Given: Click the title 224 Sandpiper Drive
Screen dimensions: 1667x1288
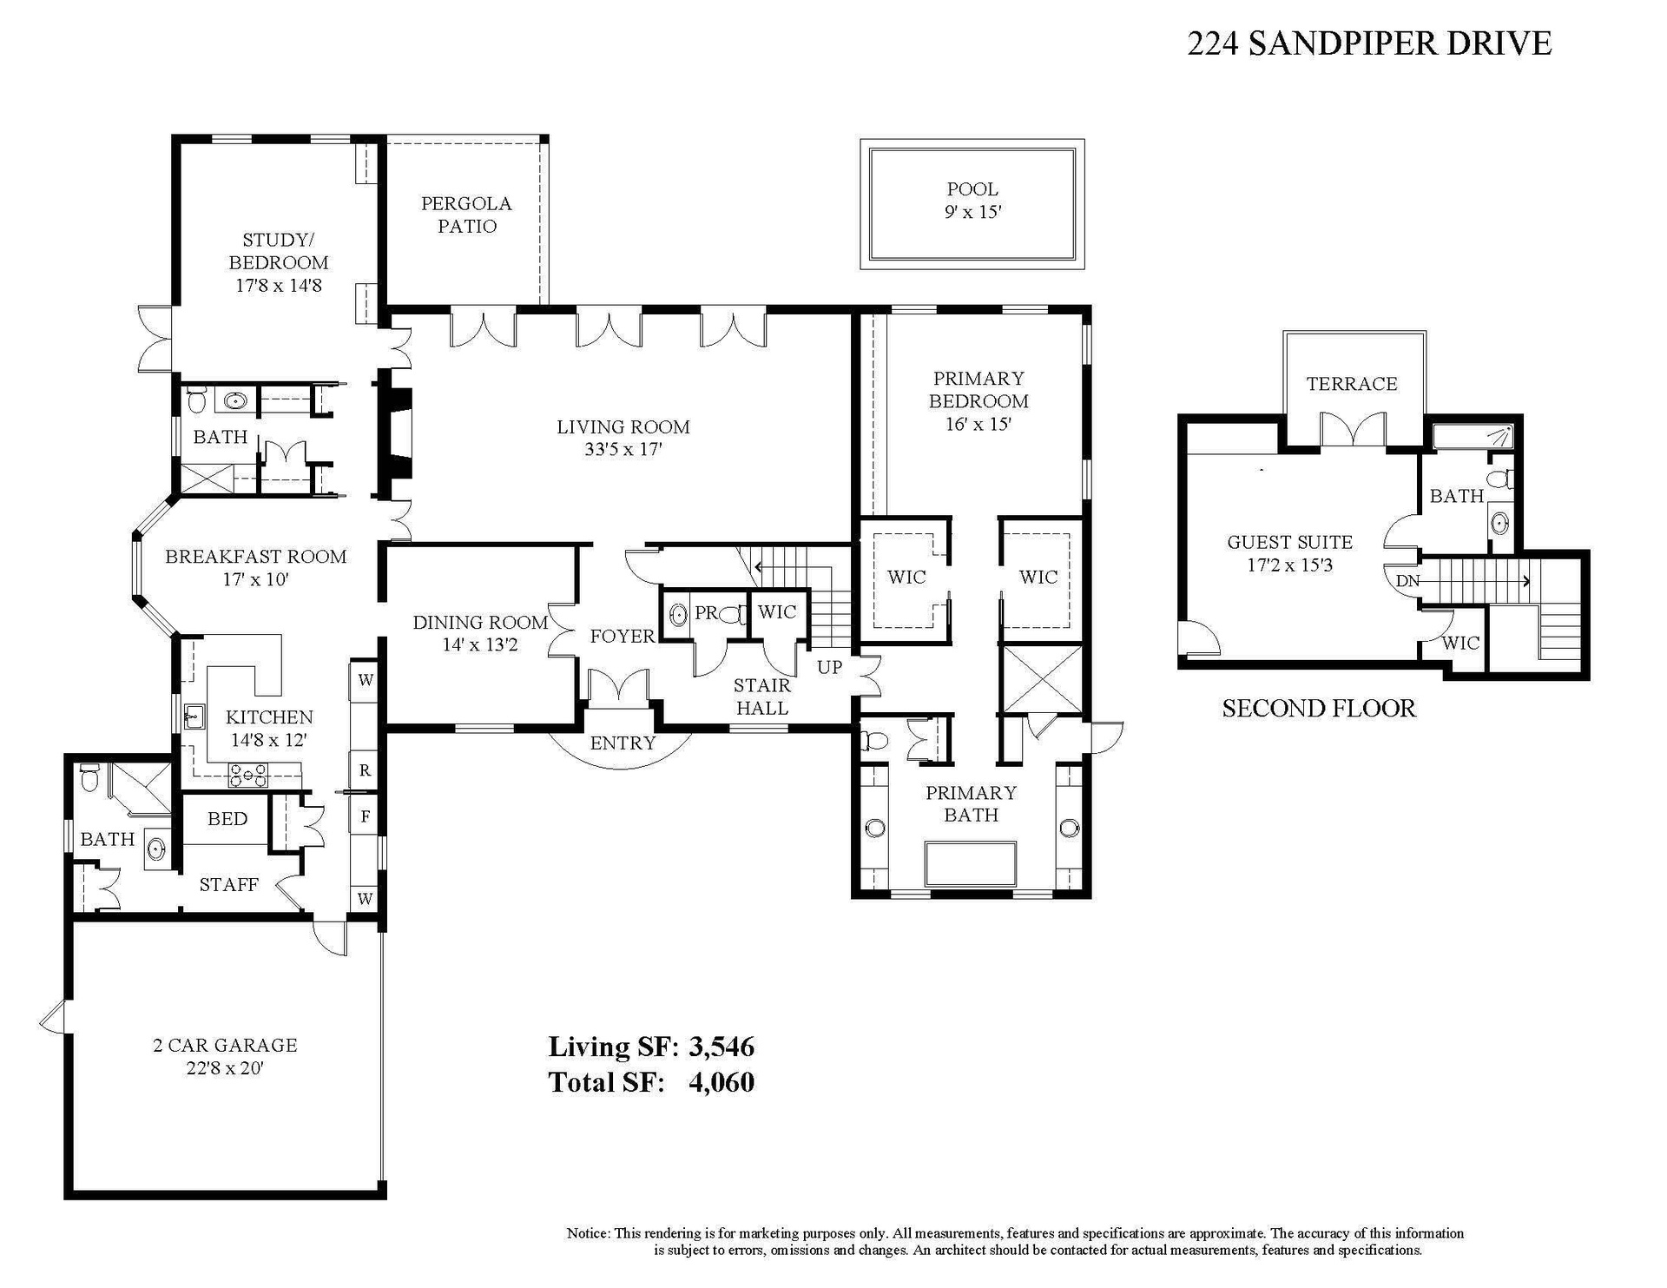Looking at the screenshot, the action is click(x=1369, y=43).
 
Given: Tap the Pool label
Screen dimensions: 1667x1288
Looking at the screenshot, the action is click(x=972, y=189).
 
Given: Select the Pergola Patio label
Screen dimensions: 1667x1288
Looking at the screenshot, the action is click(x=466, y=215).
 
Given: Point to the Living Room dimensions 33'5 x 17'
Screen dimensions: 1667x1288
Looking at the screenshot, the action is click(x=623, y=450).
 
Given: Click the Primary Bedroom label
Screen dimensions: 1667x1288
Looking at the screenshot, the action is click(x=978, y=390).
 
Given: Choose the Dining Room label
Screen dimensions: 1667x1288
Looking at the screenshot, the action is click(x=480, y=623).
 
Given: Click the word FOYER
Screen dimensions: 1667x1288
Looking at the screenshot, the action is click(x=623, y=637).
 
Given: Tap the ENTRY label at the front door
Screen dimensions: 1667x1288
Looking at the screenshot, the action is click(x=623, y=743).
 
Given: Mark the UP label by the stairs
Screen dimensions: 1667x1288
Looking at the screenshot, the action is click(x=830, y=668).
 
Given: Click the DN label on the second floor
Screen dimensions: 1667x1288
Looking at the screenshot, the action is click(x=1407, y=581).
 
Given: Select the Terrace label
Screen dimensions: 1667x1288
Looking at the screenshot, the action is click(x=1352, y=384).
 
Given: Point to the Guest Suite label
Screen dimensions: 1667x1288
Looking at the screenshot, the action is click(x=1290, y=543).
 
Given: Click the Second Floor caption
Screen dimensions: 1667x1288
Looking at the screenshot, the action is click(x=1319, y=709).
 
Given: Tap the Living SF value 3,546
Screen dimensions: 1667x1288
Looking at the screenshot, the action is click(x=721, y=1047).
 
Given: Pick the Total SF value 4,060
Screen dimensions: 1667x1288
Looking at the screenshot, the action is click(x=721, y=1083).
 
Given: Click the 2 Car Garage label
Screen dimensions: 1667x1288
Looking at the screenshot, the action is click(x=225, y=1046).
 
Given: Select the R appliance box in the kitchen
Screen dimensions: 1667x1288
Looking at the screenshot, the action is click(x=365, y=770).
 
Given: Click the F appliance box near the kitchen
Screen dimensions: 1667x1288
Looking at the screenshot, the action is click(x=365, y=816).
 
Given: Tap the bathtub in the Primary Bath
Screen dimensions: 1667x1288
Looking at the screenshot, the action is click(x=971, y=863).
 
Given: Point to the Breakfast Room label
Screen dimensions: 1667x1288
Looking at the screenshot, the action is click(x=256, y=557).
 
